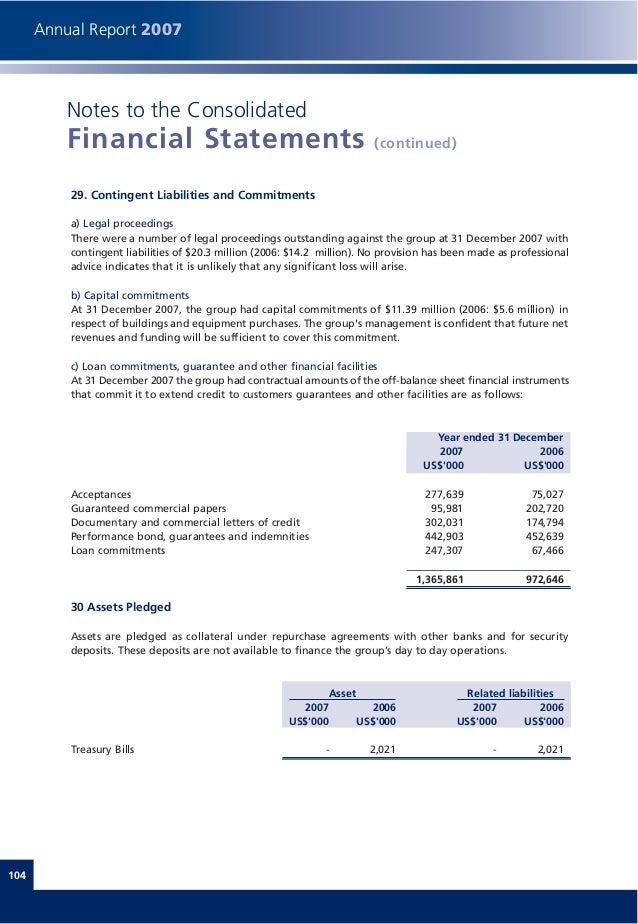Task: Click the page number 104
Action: click(16, 876)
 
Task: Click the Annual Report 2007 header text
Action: click(108, 30)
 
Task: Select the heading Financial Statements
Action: click(215, 139)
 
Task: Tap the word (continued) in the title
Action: click(415, 143)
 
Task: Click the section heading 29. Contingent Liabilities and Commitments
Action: click(193, 194)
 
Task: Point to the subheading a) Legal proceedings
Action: click(122, 222)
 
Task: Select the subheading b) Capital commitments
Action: click(130, 296)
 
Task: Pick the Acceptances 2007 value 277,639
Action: click(444, 494)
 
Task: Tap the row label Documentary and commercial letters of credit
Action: click(186, 522)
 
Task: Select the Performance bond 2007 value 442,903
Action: click(444, 536)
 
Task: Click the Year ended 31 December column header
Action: click(500, 438)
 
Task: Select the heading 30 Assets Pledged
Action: click(121, 607)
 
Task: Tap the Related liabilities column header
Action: click(510, 692)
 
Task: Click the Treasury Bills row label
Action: click(103, 748)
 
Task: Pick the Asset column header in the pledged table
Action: click(342, 692)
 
